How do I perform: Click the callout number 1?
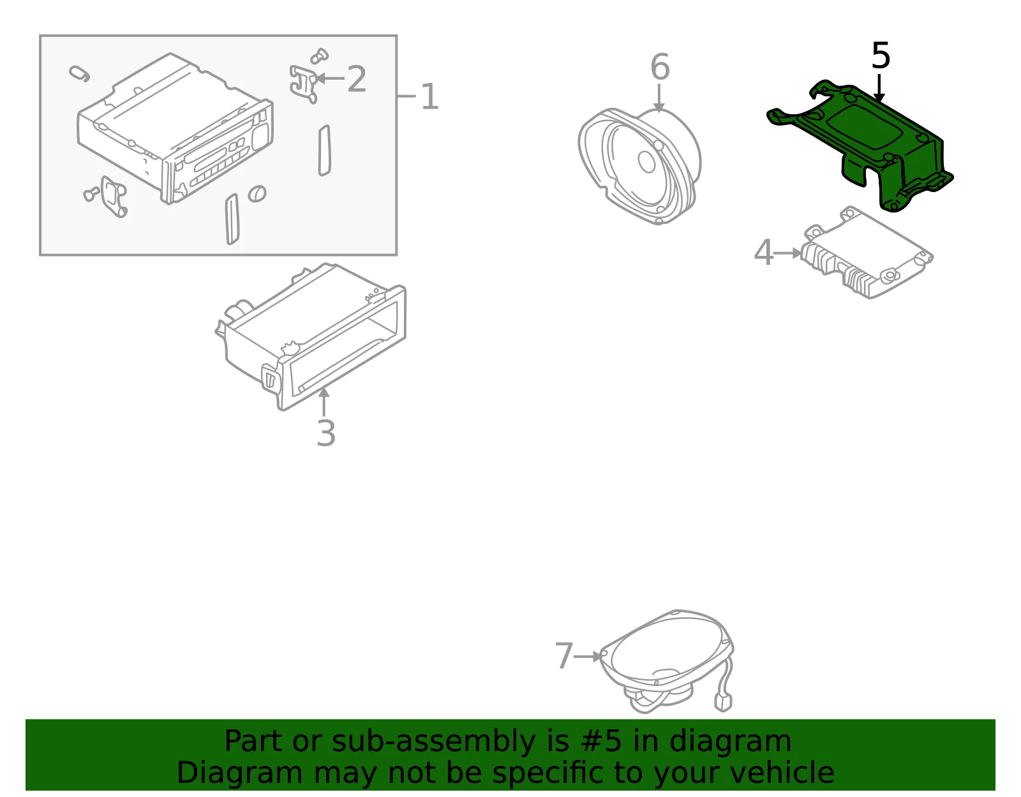pos(429,97)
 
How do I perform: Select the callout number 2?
pos(356,78)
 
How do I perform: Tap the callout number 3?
pos(326,433)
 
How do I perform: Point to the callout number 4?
pos(764,253)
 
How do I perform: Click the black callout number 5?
pos(881,56)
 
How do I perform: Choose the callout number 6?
pos(660,66)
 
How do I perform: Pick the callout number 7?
pos(564,655)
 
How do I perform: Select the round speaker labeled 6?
pos(640,165)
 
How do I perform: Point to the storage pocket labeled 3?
pos(311,336)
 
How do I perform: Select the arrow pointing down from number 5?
pos(879,88)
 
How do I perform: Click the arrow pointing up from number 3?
pos(324,402)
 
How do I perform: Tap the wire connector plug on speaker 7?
pos(722,703)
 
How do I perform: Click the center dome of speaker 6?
pos(646,162)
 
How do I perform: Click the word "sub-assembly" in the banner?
pos(433,741)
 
